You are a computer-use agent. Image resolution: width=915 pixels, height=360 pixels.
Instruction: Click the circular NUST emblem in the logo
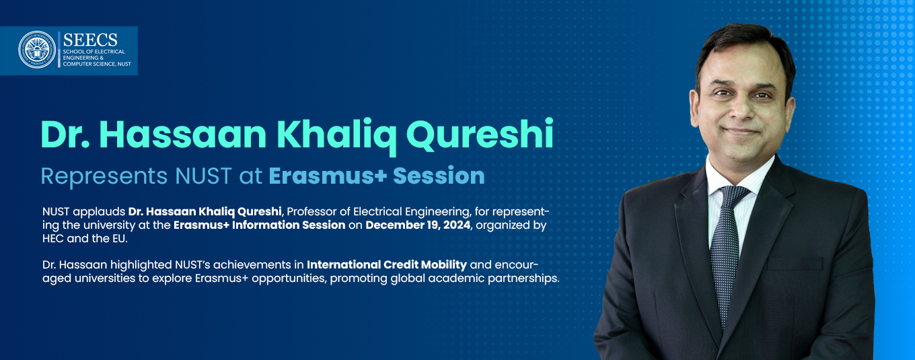pos(37,50)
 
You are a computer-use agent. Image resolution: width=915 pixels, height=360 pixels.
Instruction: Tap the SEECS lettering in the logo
pos(90,40)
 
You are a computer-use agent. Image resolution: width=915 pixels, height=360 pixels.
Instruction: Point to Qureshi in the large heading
pos(480,134)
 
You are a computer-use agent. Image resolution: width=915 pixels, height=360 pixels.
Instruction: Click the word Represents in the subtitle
pos(104,176)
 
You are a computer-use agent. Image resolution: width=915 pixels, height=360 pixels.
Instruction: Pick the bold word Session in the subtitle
pos(439,176)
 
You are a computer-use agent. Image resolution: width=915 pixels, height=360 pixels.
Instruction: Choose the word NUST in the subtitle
pos(203,176)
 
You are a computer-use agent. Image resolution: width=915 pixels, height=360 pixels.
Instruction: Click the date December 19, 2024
pos(418,225)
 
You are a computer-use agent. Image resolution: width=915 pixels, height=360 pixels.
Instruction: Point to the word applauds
pos(99,212)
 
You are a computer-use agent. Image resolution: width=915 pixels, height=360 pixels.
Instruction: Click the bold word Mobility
pos(443,265)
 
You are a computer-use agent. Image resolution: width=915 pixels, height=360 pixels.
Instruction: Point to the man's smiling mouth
pos(741,132)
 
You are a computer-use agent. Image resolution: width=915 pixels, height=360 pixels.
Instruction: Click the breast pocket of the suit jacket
pos(795,264)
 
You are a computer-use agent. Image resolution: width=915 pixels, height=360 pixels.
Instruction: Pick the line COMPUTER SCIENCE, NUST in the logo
pos(97,64)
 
